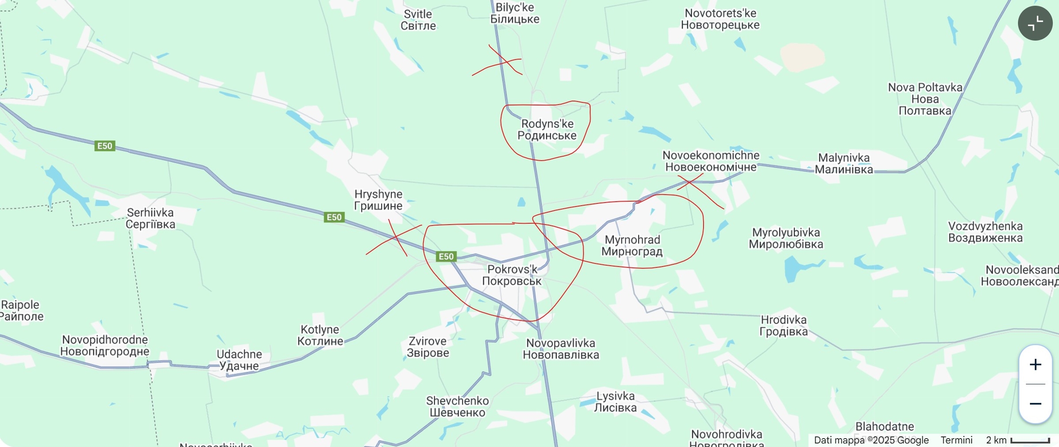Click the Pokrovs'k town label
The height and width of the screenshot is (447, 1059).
coord(512,275)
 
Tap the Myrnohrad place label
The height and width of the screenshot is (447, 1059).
coord(632,246)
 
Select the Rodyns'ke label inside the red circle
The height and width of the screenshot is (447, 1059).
coord(547,130)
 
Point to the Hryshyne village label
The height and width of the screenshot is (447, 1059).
coord(378,200)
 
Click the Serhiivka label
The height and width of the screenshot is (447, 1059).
coord(150,218)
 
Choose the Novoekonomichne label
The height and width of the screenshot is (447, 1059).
coord(711,161)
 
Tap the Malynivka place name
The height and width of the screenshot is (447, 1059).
coord(844,164)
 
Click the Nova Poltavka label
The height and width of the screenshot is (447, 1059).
coord(925,99)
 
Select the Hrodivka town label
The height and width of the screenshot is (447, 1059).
coord(784,326)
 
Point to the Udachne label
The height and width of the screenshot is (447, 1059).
coord(239,360)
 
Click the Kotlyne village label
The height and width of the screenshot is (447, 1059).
coord(320,335)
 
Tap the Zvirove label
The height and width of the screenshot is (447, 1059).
coord(428,347)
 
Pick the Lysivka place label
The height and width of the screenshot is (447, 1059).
coord(615,402)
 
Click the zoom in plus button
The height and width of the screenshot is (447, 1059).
coord(1035,364)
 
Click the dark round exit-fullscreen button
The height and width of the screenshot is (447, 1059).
coord(1035,23)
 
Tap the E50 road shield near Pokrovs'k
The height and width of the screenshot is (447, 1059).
coord(446,256)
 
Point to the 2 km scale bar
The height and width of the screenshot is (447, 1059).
coord(1030,440)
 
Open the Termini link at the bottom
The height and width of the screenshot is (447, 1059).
coord(956,440)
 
